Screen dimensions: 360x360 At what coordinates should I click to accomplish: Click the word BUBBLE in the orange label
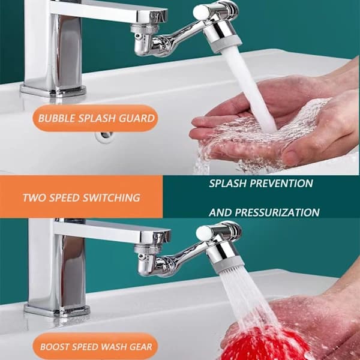57,118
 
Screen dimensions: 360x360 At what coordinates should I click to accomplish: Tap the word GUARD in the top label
137,118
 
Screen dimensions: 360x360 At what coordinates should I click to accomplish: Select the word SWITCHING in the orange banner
112,197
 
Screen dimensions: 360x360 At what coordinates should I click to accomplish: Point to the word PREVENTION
281,183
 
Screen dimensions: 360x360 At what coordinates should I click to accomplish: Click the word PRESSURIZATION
277,212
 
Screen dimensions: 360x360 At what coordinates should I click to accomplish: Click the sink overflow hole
104,136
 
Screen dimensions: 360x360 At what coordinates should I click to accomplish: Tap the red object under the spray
264,344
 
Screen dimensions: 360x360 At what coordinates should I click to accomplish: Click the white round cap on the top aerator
200,12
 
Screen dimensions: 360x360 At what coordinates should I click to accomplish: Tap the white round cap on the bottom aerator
203,233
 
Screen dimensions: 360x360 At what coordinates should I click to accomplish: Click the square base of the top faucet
53,91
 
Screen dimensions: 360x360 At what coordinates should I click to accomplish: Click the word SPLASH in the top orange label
97,118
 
